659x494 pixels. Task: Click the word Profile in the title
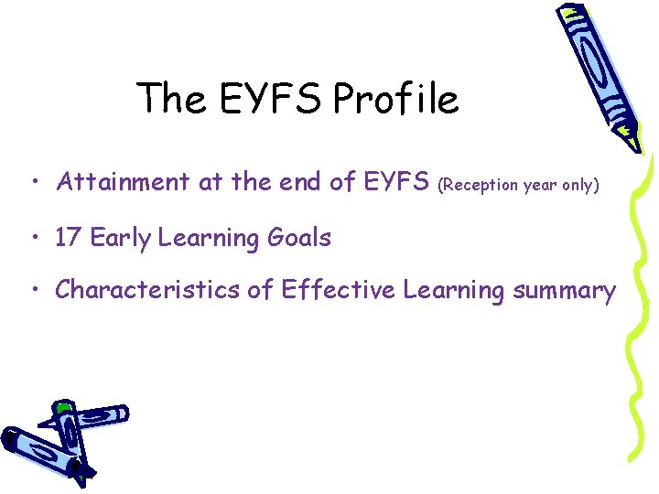[x=395, y=99]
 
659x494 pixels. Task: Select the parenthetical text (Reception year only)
[x=519, y=185]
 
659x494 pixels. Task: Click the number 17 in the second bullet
[x=67, y=238]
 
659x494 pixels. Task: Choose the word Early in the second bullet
[x=119, y=238]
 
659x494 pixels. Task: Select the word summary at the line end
[x=564, y=292]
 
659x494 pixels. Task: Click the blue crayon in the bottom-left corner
[x=59, y=439]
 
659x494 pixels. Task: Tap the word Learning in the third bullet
[x=454, y=292]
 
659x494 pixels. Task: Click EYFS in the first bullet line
[x=396, y=183]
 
